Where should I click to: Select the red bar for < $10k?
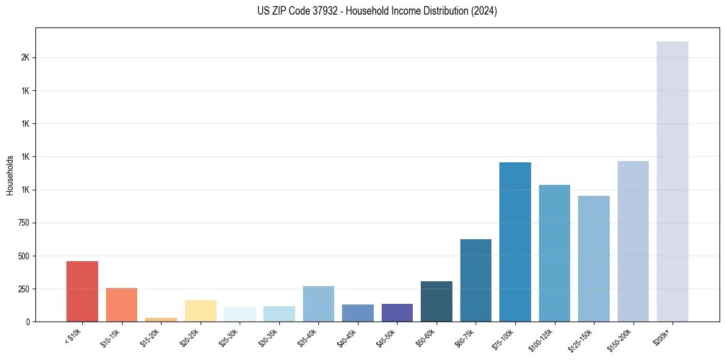click(82, 291)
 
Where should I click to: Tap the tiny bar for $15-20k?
click(161, 319)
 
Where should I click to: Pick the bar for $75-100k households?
click(515, 242)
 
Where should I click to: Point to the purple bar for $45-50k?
click(397, 312)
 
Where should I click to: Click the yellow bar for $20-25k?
click(201, 311)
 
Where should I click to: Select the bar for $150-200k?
click(633, 241)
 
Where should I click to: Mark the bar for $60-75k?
click(476, 280)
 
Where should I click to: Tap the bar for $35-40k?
click(318, 304)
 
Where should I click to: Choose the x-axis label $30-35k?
click(268, 336)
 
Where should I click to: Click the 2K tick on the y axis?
click(25, 57)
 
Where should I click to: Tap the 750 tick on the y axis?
click(24, 223)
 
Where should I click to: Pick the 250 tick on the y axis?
click(24, 289)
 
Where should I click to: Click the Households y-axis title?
click(10, 175)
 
